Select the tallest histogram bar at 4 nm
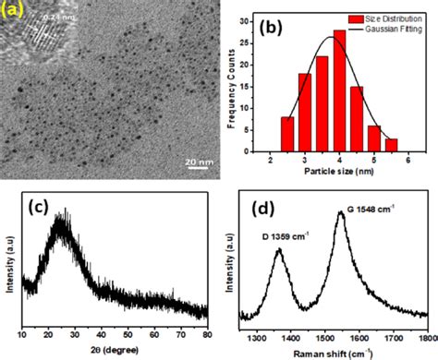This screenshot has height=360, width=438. click(339, 102)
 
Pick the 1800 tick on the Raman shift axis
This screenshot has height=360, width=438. click(427, 334)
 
